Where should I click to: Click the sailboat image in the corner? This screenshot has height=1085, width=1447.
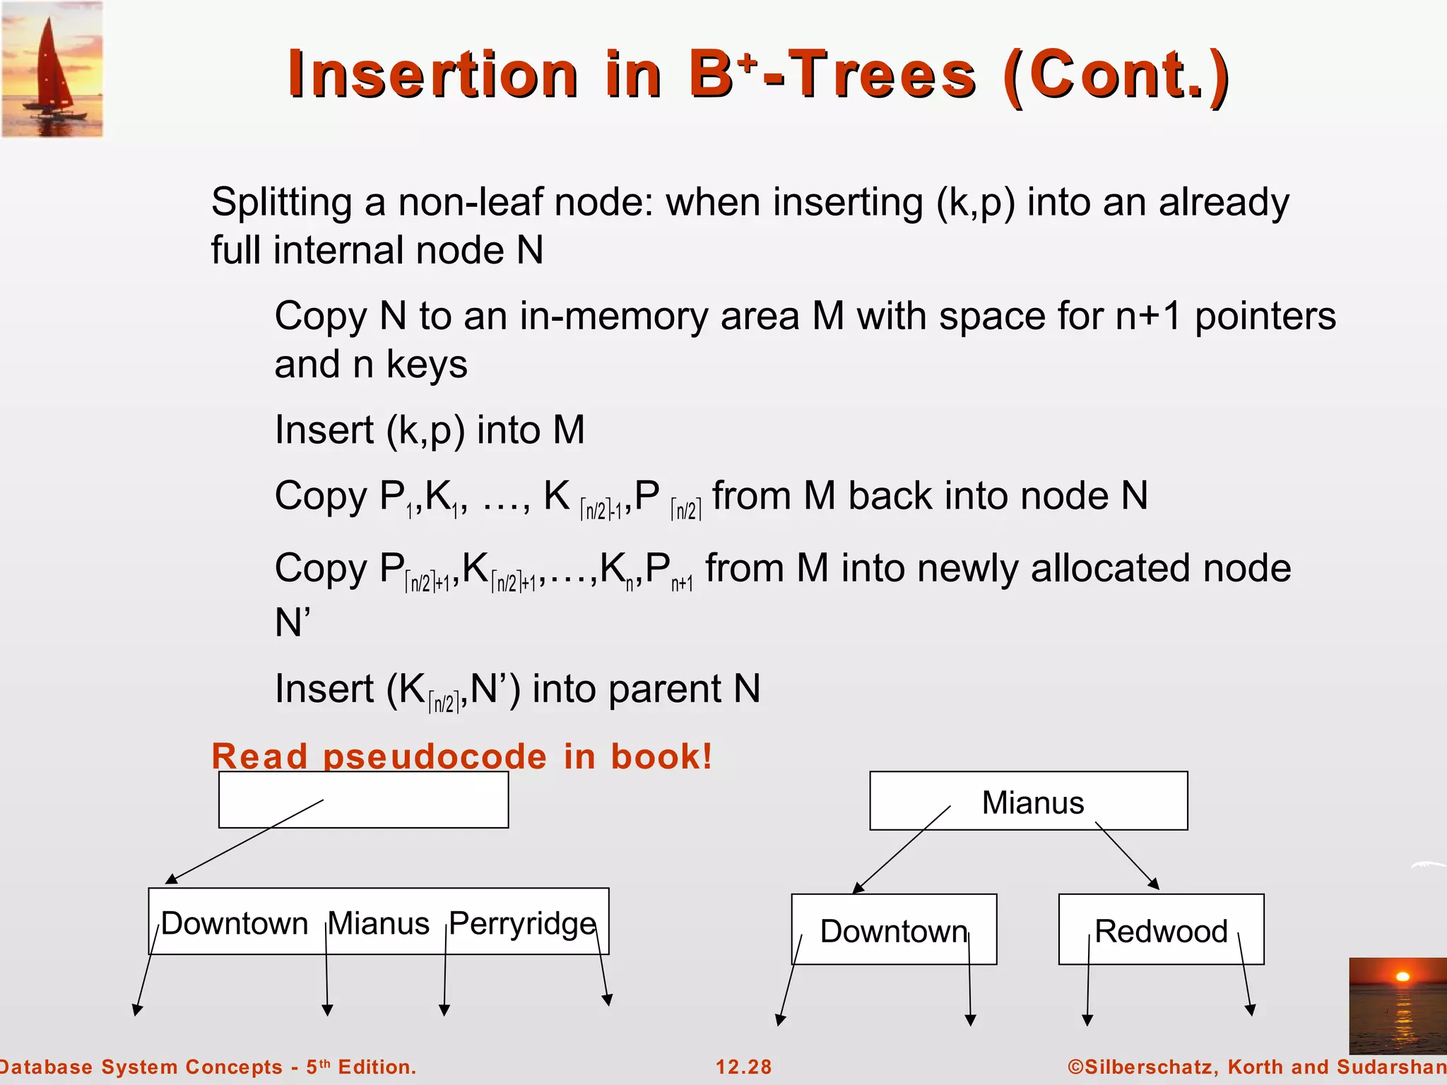click(52, 69)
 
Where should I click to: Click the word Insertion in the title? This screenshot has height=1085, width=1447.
click(432, 75)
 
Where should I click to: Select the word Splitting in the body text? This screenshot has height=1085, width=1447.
click(282, 203)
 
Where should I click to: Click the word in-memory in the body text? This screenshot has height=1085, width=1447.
click(613, 316)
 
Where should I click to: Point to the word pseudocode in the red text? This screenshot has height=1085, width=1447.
click(435, 757)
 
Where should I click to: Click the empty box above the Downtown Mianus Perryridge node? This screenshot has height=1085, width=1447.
click(363, 800)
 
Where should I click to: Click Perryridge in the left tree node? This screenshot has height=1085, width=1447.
click(522, 923)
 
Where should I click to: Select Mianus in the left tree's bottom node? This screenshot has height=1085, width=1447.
click(379, 923)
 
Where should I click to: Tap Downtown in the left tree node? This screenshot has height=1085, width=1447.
click(234, 923)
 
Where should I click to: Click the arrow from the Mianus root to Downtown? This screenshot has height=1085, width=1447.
click(902, 850)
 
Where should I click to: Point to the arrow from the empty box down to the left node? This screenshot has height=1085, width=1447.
click(244, 842)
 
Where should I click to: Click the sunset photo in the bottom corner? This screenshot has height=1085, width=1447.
click(1397, 1005)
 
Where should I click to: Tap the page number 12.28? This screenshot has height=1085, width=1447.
click(743, 1067)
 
